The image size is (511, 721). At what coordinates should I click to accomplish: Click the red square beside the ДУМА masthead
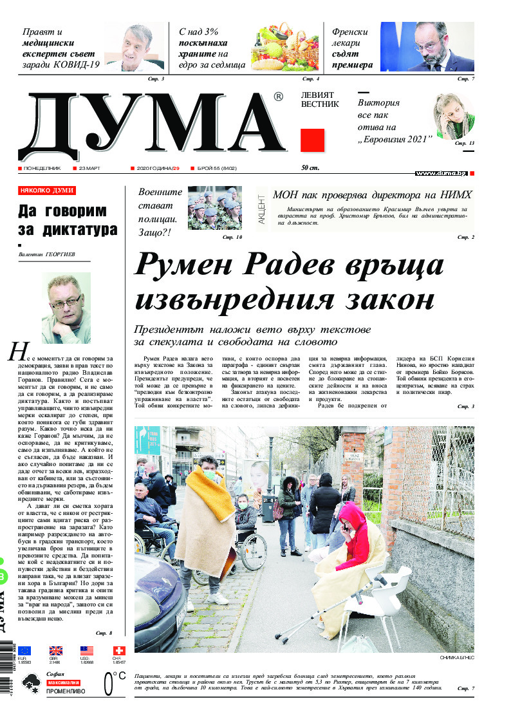tap(312, 140)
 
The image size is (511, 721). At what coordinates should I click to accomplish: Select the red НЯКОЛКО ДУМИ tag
tap(47, 191)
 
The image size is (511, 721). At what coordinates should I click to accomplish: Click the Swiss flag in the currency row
tap(119, 650)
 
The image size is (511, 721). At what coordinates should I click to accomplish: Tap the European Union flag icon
tap(24, 650)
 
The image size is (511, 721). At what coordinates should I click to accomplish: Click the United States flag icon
tap(87, 650)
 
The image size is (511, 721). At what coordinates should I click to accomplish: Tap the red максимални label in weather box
tap(64, 682)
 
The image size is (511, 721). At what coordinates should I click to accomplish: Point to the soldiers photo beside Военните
tap(215, 207)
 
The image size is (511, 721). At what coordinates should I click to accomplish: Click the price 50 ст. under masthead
tap(310, 168)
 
